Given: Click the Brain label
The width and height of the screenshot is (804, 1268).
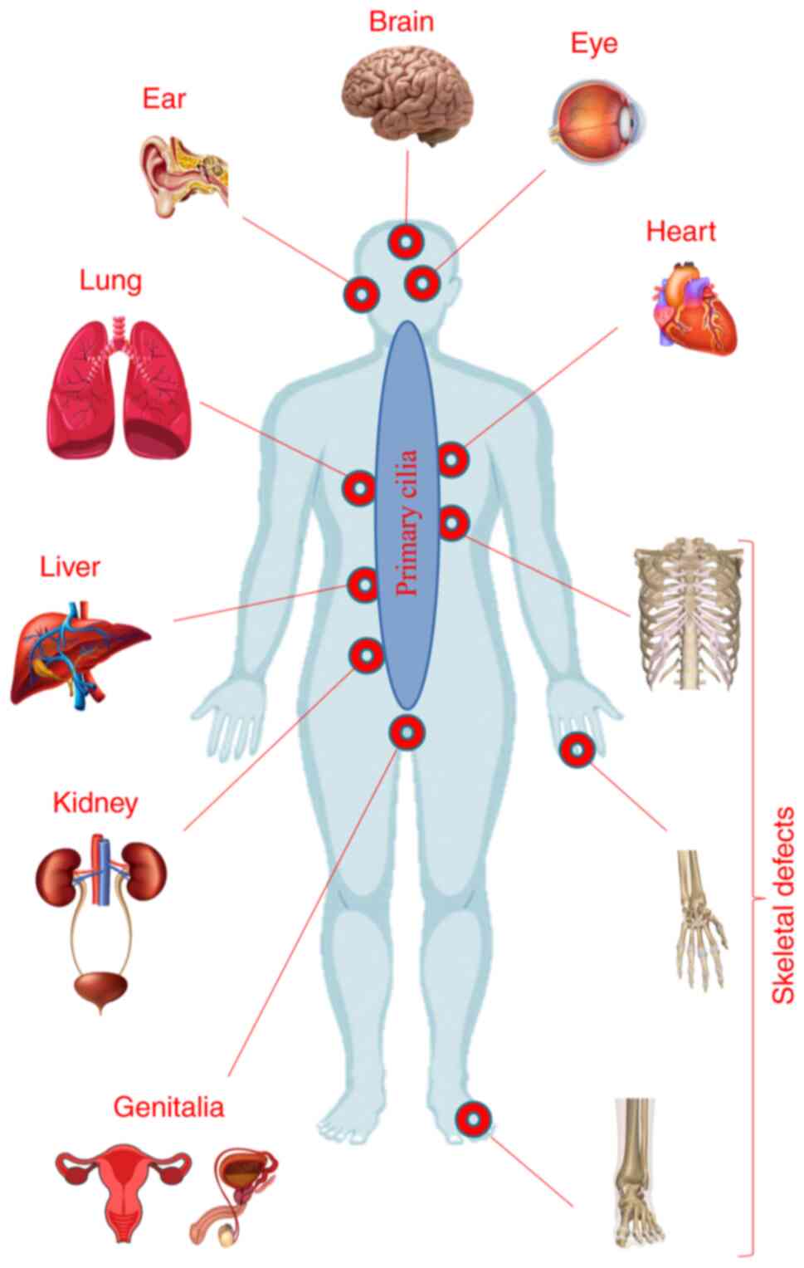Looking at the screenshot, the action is coord(401,21).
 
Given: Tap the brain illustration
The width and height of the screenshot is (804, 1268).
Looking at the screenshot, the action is coord(407,93).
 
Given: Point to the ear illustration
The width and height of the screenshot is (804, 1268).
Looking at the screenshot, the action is coord(183,174).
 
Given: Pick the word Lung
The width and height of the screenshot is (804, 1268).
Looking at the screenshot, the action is coord(110,280).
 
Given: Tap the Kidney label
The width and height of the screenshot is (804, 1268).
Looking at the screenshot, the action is coord(95,803).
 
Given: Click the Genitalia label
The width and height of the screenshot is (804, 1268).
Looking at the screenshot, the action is coord(168,1107).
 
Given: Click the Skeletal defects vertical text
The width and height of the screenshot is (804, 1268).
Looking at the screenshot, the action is coord(782,904).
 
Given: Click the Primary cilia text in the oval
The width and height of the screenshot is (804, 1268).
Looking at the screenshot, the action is coord(407,523).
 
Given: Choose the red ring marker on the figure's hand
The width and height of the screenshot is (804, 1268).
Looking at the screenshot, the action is coord(577,751).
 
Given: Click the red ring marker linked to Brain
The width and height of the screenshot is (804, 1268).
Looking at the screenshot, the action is coord(407,242).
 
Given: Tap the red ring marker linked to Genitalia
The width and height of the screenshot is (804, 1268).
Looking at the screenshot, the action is coord(407,732).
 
